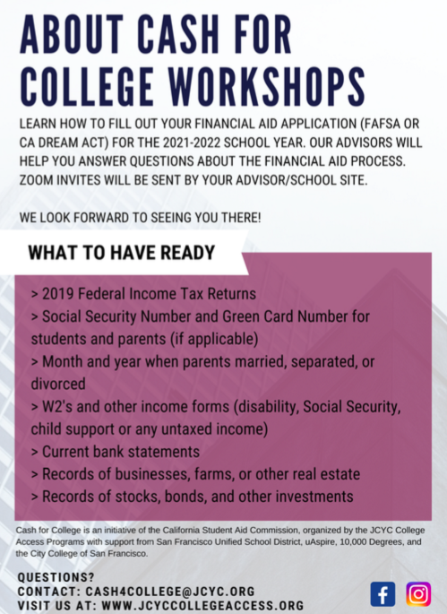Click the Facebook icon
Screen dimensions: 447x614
click(383, 594)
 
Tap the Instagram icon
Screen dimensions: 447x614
click(418, 594)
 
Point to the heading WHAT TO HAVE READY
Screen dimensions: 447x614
click(122, 253)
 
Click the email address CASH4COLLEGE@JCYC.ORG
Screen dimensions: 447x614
click(170, 592)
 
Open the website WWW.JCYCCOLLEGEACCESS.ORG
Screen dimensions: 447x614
click(202, 605)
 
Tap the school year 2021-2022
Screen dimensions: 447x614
click(192, 143)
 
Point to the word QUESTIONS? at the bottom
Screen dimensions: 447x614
click(56, 577)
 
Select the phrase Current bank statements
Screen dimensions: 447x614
click(121, 452)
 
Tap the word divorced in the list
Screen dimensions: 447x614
click(58, 384)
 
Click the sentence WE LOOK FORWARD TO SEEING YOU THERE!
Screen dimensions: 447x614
click(140, 218)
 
